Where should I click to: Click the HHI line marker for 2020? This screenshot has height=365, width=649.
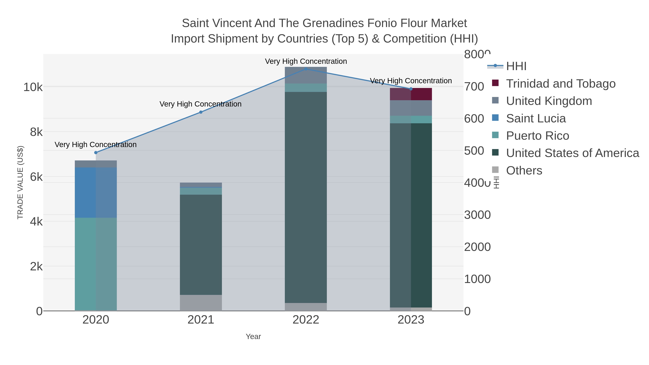point(96,153)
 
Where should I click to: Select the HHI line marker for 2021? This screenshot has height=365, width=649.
point(201,112)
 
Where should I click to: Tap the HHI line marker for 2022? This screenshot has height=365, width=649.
point(306,69)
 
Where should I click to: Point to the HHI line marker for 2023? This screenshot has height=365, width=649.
point(411,89)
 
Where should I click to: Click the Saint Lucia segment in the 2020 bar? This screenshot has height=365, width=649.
point(96,193)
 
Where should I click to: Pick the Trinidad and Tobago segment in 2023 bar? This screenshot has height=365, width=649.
point(411,94)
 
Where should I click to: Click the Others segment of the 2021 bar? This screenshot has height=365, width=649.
point(201,303)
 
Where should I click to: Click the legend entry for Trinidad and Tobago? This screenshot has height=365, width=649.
point(560,84)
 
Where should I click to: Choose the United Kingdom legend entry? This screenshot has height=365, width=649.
point(549,101)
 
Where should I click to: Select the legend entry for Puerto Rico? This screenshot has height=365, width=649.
point(537,136)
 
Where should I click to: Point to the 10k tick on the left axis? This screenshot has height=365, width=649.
point(33,87)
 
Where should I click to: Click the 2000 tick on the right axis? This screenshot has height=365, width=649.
point(477,247)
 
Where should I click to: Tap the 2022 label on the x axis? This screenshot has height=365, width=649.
point(306,320)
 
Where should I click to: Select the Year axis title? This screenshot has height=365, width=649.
point(253,337)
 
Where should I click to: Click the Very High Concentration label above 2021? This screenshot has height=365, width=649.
point(200,104)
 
